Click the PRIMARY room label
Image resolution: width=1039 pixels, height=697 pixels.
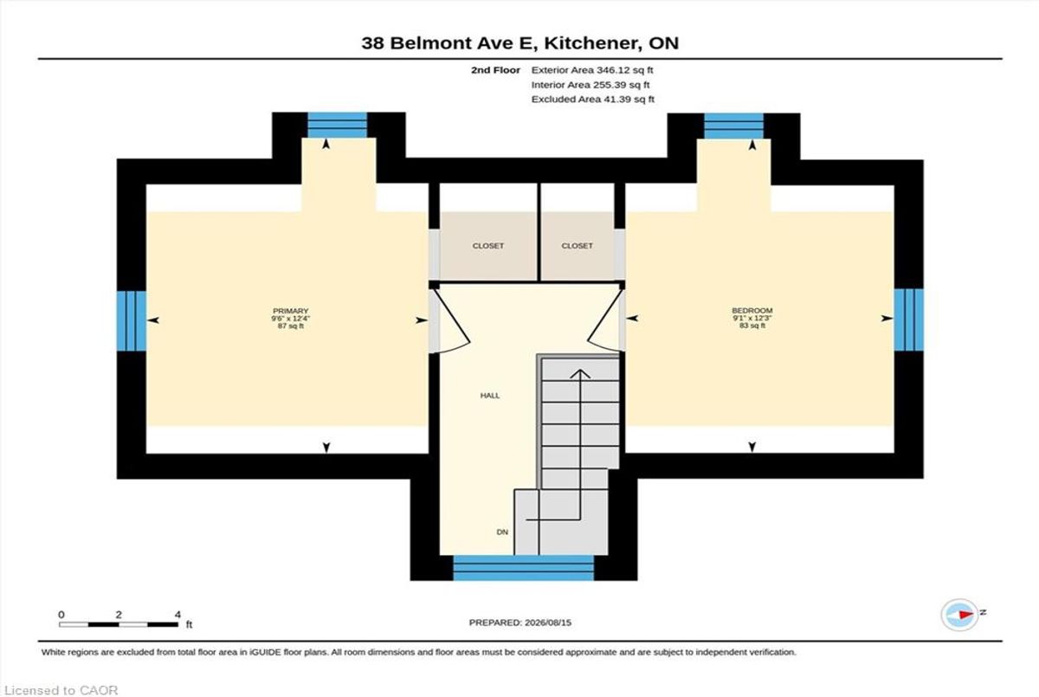pos(290,311)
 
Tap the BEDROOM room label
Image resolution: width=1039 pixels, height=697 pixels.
pos(752,310)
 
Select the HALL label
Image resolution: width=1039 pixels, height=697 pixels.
pos(490,396)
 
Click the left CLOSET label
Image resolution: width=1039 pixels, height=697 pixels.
pos(488,246)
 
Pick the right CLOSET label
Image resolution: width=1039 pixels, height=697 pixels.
pos(577,246)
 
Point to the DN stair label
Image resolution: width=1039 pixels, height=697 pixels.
pos(502,532)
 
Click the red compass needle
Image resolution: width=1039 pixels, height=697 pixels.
pos(965,615)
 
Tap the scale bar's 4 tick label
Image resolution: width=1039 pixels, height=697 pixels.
pos(177,615)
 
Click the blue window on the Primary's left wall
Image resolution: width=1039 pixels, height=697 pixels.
pos(132,320)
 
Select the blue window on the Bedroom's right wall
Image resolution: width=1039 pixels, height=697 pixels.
pos(908,320)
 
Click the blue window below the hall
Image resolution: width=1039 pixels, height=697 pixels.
pos(523,568)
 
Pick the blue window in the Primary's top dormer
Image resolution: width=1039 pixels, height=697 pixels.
pos(338,125)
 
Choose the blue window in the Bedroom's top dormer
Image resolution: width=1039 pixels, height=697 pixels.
pos(734,126)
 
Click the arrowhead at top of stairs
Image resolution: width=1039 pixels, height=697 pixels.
pos(580,373)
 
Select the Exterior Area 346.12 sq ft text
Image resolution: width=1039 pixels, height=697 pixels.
pos(592,70)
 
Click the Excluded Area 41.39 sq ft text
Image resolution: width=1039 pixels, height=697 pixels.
pos(593,100)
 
